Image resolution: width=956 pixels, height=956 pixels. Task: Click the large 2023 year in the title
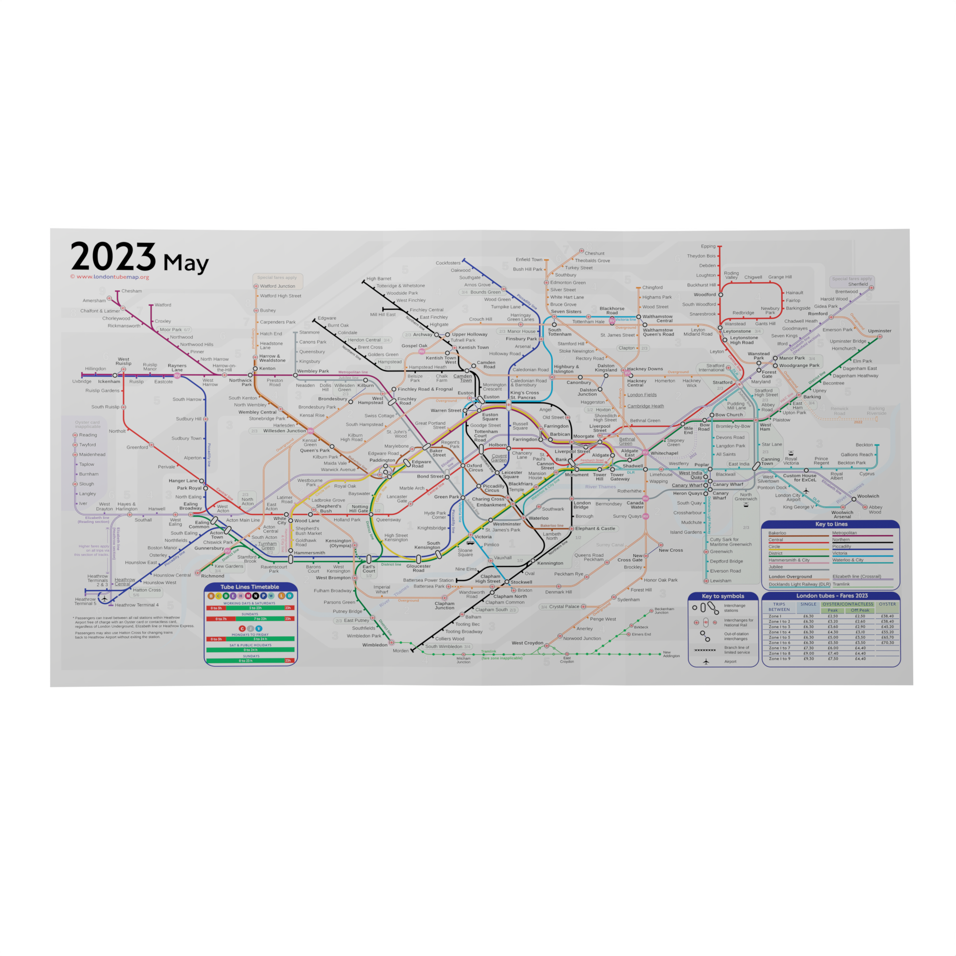point(113,257)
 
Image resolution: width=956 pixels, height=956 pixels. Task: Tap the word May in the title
point(186,263)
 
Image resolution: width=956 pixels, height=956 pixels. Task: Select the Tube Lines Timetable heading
point(249,587)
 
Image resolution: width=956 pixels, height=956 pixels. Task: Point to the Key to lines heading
point(831,524)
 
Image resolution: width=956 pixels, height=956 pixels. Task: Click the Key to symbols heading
point(722,596)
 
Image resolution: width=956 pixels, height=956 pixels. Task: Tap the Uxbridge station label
point(82,381)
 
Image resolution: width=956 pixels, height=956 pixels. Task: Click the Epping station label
point(708,246)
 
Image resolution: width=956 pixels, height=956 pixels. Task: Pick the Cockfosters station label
point(448,263)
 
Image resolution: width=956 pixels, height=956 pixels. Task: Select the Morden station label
point(400,651)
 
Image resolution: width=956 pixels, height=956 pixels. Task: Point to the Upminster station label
point(879,331)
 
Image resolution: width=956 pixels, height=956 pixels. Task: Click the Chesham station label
point(131,291)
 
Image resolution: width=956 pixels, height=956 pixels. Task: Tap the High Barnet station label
point(378,279)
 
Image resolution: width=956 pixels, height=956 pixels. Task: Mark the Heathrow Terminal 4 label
point(136,605)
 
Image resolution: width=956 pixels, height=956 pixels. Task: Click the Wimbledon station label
point(374,645)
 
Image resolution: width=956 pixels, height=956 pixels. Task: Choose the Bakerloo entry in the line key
point(777,533)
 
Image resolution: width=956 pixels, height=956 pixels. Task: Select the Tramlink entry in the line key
point(841,584)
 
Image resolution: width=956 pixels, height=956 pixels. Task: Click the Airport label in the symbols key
point(730,662)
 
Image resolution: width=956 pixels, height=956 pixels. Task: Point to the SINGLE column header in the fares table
point(808,604)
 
